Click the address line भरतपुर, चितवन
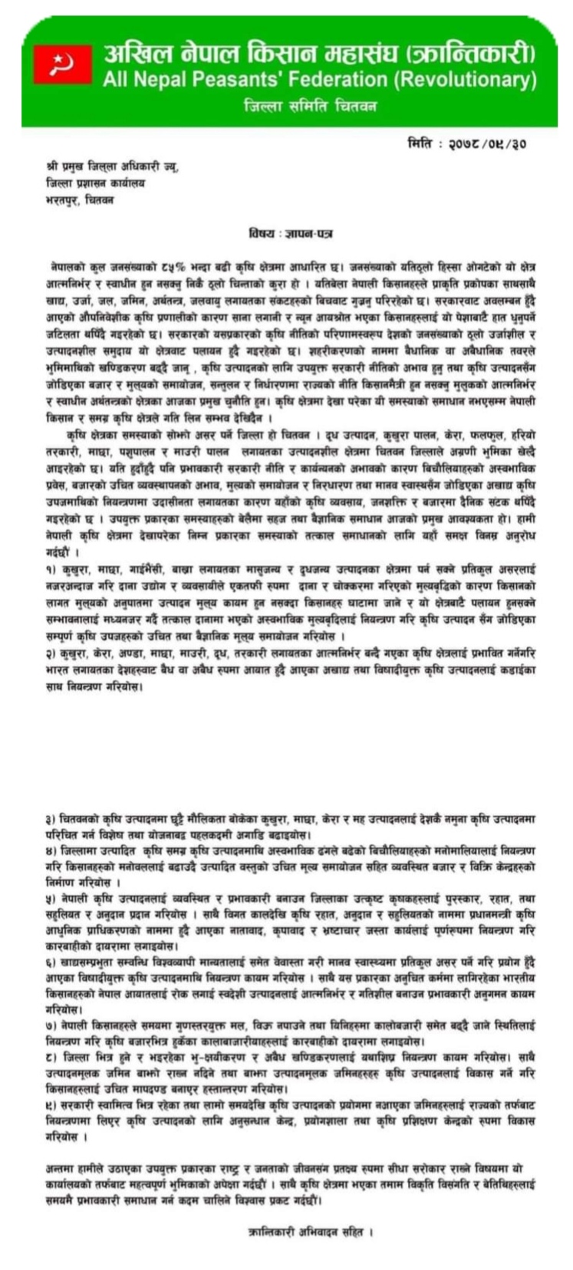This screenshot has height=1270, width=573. pyautogui.click(x=79, y=199)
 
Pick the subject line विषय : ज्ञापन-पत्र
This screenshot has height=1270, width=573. pyautogui.click(x=291, y=231)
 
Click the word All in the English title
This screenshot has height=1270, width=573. pyautogui.click(x=115, y=79)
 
